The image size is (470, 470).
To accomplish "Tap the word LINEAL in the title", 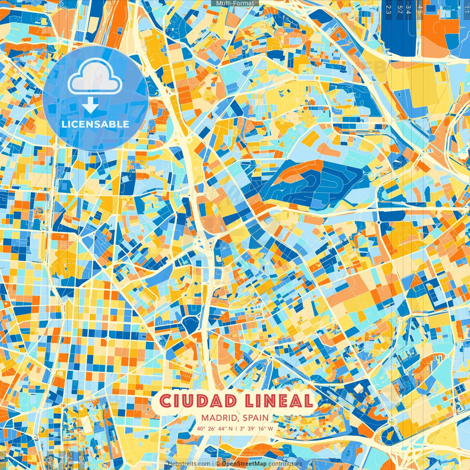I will coord(278,401).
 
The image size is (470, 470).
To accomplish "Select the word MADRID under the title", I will coord(220,418).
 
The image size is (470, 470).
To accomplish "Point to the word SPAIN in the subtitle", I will coord(256,418).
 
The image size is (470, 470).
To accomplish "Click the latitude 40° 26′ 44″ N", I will coord(215,429).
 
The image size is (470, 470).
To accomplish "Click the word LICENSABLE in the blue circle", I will coord(95,124).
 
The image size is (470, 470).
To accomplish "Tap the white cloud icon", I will coord(95,77).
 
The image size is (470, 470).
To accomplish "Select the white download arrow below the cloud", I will coord(90,105).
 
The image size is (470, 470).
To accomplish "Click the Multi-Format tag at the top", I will coord(235,3).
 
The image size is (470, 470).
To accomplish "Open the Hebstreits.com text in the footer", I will coord(189,464).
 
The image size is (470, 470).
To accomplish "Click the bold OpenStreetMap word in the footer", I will coord(244,464).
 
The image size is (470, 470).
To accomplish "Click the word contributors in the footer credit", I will coord(285,464).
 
